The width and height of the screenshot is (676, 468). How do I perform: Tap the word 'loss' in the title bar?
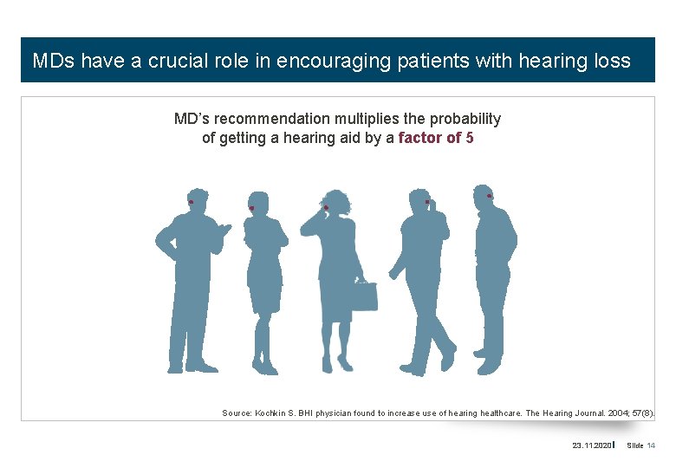tap(613, 62)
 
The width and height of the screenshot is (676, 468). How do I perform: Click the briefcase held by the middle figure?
tap(364, 295)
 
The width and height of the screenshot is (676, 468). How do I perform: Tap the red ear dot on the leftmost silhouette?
tap(191, 203)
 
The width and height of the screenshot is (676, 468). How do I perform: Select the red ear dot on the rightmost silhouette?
tap(490, 196)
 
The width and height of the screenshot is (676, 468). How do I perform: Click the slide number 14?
tap(651, 445)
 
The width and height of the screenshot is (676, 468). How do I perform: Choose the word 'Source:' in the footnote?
tap(237, 413)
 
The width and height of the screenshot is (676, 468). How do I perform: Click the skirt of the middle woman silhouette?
tap(335, 299)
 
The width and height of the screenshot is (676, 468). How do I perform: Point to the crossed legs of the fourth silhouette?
tap(429, 334)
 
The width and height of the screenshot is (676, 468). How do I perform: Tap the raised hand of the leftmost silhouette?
tap(224, 230)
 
